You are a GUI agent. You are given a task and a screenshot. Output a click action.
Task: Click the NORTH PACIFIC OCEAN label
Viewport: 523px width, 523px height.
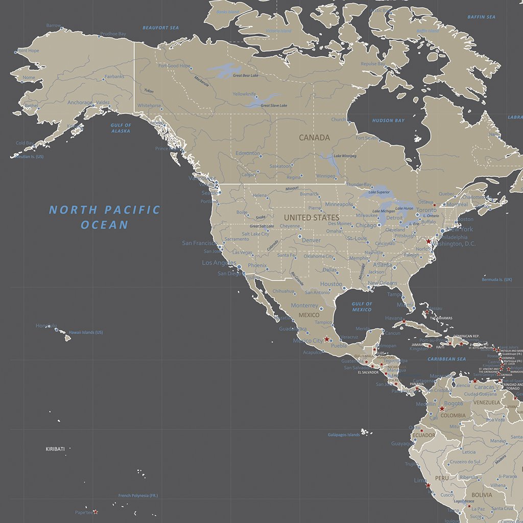[104, 217]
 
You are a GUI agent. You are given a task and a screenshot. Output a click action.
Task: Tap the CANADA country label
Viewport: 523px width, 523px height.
[314, 137]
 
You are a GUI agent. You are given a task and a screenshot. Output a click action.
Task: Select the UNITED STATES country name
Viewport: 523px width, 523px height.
[312, 218]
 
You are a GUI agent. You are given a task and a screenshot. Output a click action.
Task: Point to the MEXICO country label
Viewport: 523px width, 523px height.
[309, 315]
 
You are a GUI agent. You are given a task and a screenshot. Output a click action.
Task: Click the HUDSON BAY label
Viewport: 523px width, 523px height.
[388, 121]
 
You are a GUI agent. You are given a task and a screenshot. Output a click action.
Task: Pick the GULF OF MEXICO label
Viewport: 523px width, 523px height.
[362, 307]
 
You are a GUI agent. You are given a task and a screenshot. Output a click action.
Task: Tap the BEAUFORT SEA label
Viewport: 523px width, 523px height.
[160, 28]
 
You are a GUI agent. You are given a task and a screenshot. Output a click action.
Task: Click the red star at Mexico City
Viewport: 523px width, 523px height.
[327, 339]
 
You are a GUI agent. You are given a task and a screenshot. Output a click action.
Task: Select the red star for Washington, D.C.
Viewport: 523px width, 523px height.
[429, 241]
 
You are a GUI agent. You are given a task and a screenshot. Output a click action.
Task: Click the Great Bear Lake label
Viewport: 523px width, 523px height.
[245, 76]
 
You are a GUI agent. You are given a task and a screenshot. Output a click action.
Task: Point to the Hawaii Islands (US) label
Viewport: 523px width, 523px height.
[86, 332]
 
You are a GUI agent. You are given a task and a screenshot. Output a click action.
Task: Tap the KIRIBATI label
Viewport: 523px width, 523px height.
[55, 449]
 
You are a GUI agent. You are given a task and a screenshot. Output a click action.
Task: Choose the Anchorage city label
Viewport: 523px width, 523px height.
[80, 103]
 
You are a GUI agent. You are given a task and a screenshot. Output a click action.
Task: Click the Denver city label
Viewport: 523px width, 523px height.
[311, 240]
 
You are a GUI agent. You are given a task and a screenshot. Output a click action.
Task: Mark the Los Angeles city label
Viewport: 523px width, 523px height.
[219, 263]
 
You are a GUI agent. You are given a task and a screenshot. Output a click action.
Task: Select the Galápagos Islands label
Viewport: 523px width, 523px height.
[343, 435]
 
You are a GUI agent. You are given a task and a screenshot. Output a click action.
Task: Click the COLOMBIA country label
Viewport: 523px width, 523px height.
[454, 415]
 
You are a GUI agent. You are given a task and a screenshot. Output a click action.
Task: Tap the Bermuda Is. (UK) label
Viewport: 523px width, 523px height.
[496, 280]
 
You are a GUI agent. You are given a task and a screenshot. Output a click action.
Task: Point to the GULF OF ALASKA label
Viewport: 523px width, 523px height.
[121, 128]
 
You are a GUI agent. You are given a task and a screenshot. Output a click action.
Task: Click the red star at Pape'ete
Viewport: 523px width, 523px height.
[95, 512]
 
